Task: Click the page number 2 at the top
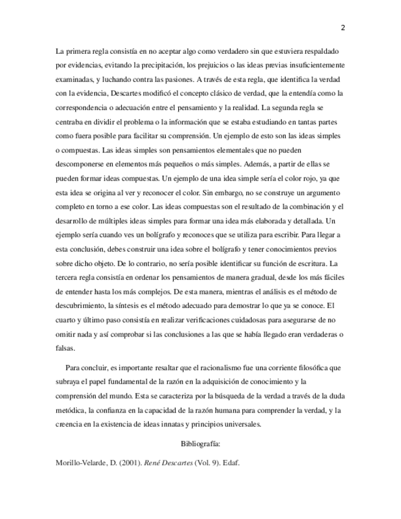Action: [343, 28]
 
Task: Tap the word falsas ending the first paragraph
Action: [64, 347]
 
